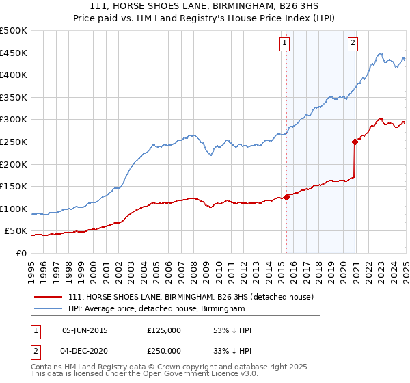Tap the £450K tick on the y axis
click(14, 53)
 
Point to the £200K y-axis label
click(14, 164)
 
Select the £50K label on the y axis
click(16, 231)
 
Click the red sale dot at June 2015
click(286, 198)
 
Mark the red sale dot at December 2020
click(355, 142)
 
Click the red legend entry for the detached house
click(190, 298)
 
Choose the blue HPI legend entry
click(156, 309)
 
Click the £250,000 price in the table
click(163, 350)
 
